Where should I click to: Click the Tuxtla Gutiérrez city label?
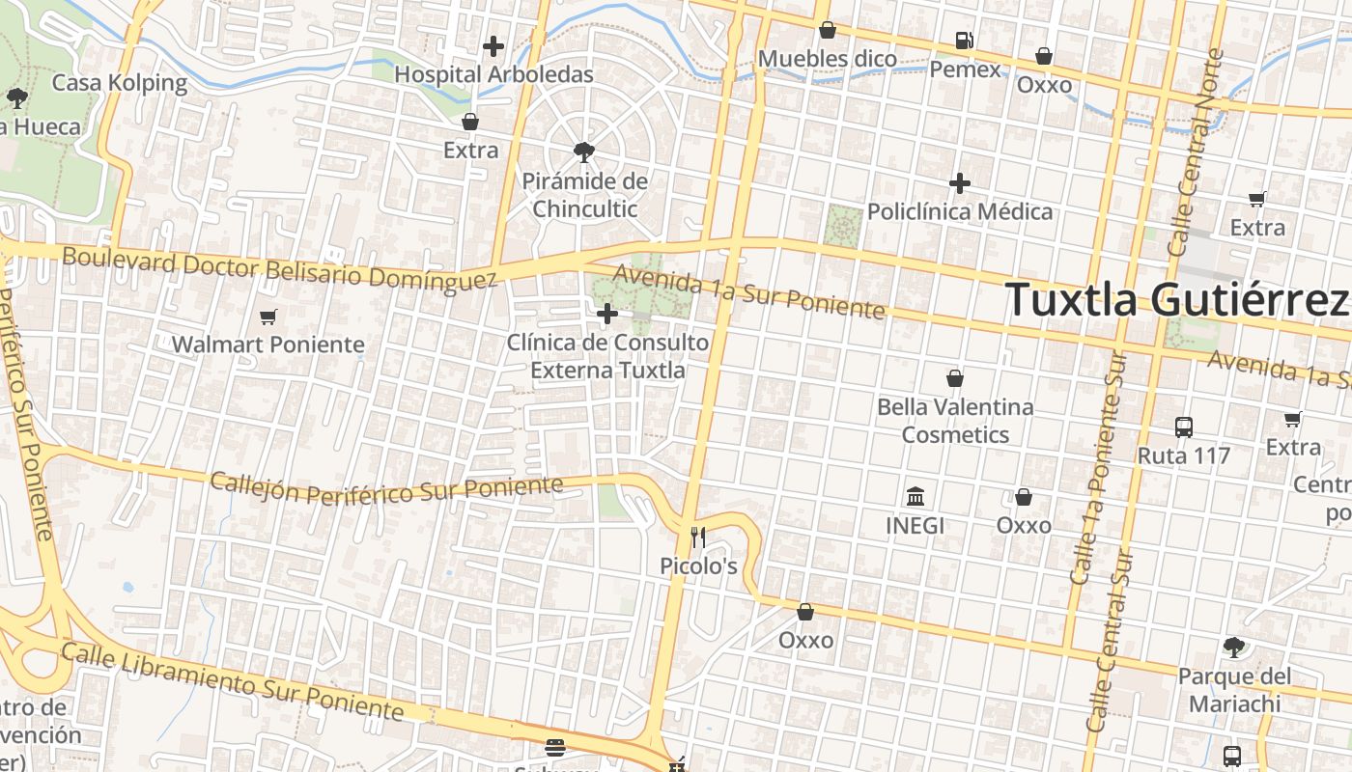click(1176, 299)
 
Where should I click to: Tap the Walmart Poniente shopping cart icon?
click(268, 317)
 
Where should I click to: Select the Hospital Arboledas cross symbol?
click(493, 45)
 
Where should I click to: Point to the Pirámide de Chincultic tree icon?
click(583, 152)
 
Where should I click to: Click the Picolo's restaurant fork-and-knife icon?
click(698, 538)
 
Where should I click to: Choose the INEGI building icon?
click(915, 497)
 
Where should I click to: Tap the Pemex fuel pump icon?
click(964, 41)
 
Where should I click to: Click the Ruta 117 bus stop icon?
click(1184, 427)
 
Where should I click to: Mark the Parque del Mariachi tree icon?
click(1233, 647)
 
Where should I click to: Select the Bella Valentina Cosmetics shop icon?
click(955, 378)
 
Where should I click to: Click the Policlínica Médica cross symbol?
click(960, 182)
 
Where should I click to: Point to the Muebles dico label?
click(828, 59)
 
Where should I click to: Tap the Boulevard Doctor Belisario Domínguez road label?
click(280, 269)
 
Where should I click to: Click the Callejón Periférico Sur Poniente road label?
click(386, 487)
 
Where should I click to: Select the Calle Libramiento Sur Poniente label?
click(232, 681)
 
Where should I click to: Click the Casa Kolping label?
click(120, 82)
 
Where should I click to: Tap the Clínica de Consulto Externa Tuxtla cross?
click(607, 314)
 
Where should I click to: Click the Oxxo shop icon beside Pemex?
click(1044, 56)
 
